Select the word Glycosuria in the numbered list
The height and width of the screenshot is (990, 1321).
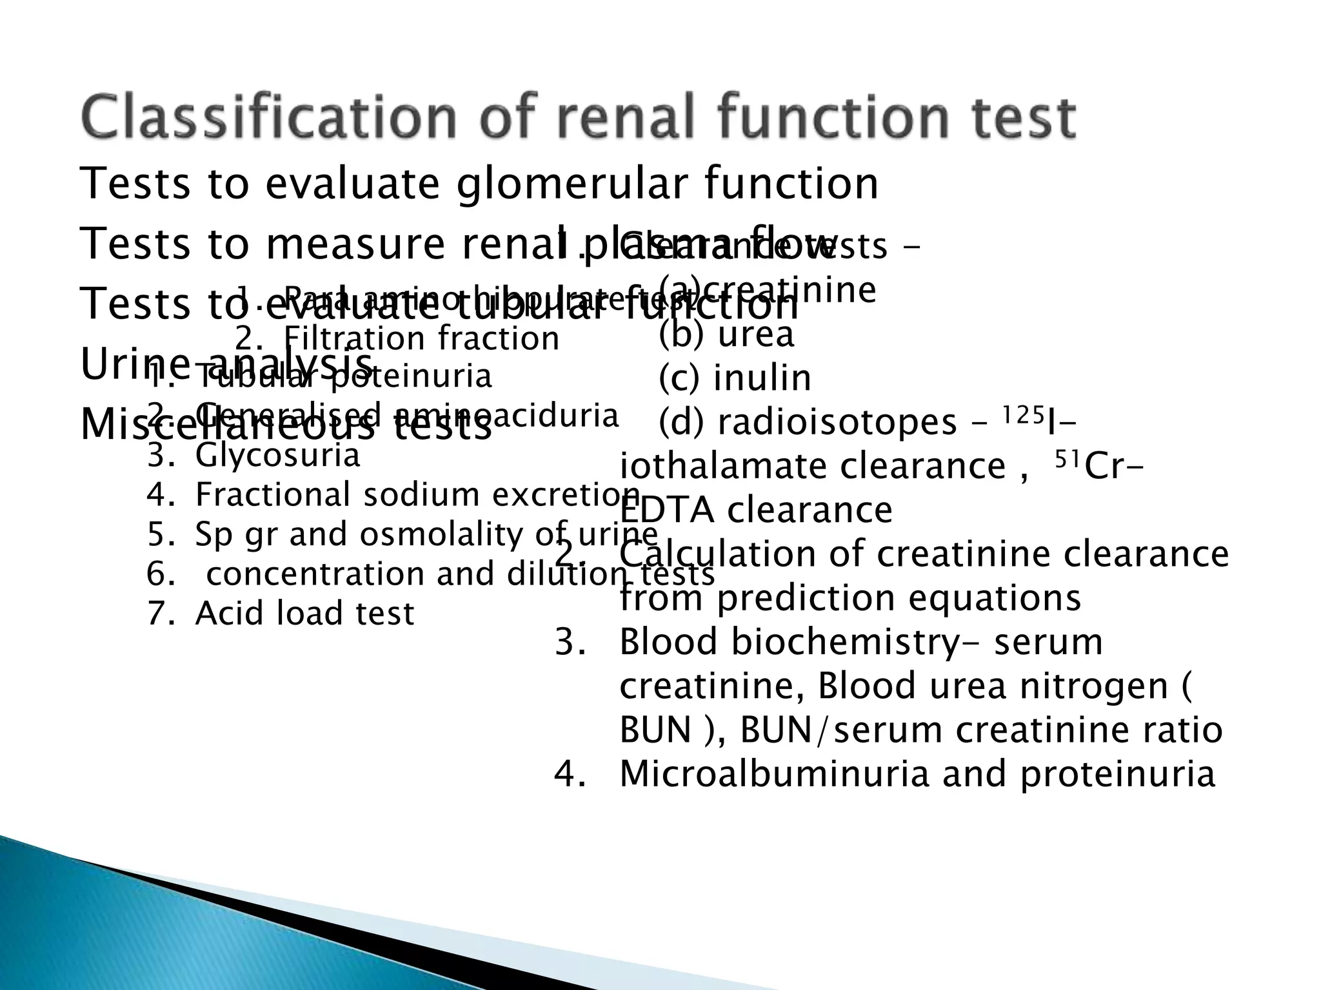pyautogui.click(x=277, y=456)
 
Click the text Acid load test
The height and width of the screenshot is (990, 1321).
pyautogui.click(x=304, y=613)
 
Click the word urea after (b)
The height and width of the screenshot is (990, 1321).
pyautogui.click(x=755, y=335)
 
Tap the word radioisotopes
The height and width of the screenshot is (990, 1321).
pyautogui.click(x=837, y=423)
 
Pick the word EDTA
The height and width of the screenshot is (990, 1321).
pyautogui.click(x=666, y=510)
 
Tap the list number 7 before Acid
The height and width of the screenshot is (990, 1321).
pyautogui.click(x=158, y=614)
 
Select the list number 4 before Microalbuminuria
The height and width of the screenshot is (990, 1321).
pyautogui.click(x=568, y=774)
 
